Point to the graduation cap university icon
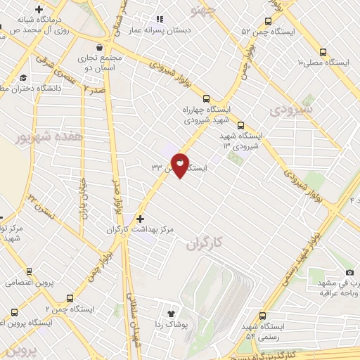[24, 78]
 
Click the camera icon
[350, 272]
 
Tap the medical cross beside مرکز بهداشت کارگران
[141, 219]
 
